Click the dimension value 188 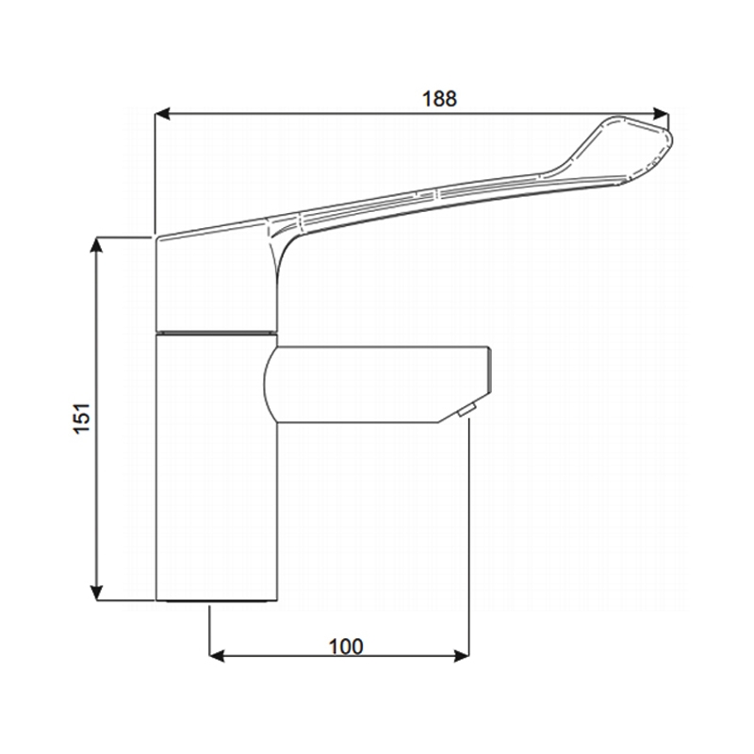[440, 98]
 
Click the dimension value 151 [82, 418]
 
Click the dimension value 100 [346, 646]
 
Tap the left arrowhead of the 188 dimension [162, 114]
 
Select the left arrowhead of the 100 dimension [215, 654]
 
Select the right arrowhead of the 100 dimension [463, 654]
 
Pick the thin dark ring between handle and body [216, 332]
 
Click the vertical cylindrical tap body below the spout [216, 471]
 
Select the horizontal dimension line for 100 [283, 654]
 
